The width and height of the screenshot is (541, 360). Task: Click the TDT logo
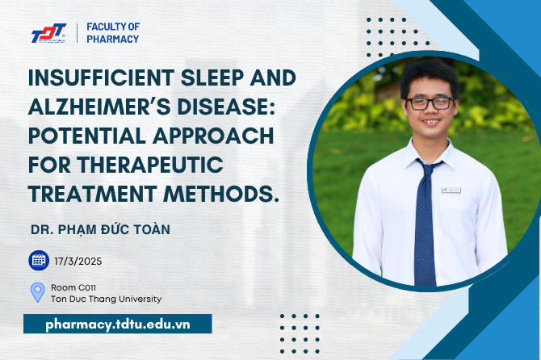pyautogui.click(x=48, y=33)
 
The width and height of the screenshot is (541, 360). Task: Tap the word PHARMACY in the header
pyautogui.click(x=113, y=40)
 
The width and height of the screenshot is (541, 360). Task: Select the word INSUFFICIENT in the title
pyautogui.click(x=102, y=77)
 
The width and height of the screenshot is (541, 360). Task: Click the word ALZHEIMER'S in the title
pyautogui.click(x=99, y=107)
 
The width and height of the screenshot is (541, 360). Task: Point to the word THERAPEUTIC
pyautogui.click(x=150, y=165)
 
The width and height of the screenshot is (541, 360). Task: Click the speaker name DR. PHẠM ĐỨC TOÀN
pyautogui.click(x=100, y=230)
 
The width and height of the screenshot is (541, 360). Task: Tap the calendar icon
pyautogui.click(x=39, y=261)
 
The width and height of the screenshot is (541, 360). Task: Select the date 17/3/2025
pyautogui.click(x=78, y=262)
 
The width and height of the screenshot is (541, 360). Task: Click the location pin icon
pyautogui.click(x=38, y=292)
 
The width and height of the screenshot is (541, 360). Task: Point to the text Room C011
pyautogui.click(x=73, y=287)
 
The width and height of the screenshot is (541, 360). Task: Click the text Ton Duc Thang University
pyautogui.click(x=107, y=299)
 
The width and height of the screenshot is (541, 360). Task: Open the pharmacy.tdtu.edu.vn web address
pyautogui.click(x=118, y=324)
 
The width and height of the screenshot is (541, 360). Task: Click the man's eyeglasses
pyautogui.click(x=430, y=103)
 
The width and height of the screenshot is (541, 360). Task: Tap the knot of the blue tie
pyautogui.click(x=427, y=169)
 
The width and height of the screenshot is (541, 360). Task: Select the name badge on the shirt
pyautogui.click(x=451, y=190)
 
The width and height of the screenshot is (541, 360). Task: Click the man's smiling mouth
pyautogui.click(x=431, y=123)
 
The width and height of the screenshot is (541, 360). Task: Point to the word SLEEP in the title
pyautogui.click(x=212, y=77)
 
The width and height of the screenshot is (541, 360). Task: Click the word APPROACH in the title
pyautogui.click(x=213, y=136)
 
